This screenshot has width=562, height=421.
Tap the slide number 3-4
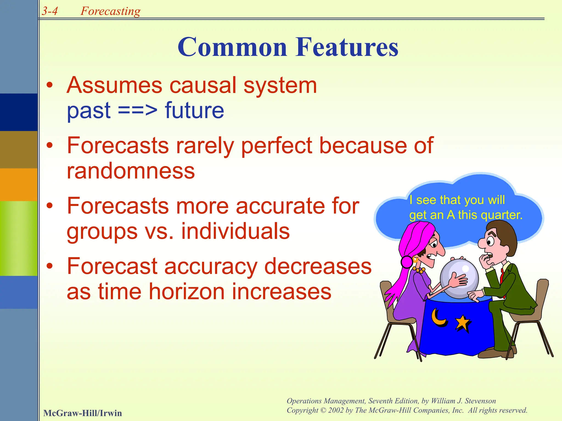50,11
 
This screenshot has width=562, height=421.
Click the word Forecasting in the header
110,11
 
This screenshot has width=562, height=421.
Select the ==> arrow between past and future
138,110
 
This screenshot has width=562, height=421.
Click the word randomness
131,171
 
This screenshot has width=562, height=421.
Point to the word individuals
235,231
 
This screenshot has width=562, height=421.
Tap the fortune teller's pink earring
407,262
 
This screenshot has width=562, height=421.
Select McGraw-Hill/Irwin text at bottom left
82,413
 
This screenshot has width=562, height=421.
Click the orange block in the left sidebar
19,184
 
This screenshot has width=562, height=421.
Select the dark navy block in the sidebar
19,112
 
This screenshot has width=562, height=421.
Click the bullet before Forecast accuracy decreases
49,266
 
